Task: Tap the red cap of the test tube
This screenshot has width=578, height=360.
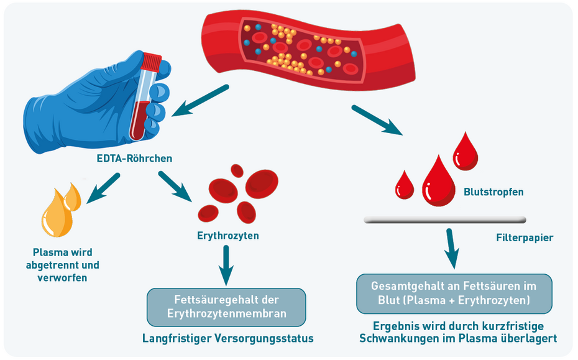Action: (151, 61)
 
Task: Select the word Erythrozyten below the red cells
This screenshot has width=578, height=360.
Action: (228, 236)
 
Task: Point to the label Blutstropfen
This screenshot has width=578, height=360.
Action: (493, 192)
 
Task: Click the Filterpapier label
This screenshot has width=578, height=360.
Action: (525, 238)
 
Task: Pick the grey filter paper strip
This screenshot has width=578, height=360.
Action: (444, 219)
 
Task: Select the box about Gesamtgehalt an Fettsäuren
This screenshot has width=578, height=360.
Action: (454, 293)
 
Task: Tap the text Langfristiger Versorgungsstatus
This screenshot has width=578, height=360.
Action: (228, 338)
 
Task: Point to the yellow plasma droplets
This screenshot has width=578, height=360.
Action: (61, 208)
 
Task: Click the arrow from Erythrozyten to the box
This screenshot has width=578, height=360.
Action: (227, 264)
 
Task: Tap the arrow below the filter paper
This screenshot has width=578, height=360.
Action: (453, 248)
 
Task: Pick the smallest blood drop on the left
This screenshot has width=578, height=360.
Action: (405, 185)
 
